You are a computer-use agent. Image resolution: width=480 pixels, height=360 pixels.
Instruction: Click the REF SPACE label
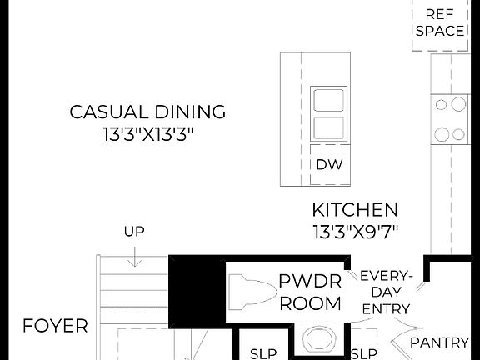click(x=439, y=22)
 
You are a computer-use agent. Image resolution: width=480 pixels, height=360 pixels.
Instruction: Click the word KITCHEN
click(x=355, y=210)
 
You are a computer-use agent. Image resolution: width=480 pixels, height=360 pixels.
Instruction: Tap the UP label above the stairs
click(x=134, y=231)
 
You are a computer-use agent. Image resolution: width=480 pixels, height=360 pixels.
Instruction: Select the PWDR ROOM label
click(x=310, y=292)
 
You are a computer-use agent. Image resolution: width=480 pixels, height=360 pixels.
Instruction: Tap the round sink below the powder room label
click(x=317, y=341)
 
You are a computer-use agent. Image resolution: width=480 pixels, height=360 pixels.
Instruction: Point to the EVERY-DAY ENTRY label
click(x=386, y=292)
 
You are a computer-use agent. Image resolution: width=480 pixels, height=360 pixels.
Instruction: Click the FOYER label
click(x=55, y=325)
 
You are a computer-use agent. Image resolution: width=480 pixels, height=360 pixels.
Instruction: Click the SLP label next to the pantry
click(x=363, y=352)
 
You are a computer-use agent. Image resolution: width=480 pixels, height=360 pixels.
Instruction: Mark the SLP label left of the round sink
click(x=263, y=352)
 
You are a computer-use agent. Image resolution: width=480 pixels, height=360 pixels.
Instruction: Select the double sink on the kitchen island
click(x=327, y=113)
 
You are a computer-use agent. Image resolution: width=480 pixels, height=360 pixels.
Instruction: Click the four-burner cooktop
click(x=450, y=118)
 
